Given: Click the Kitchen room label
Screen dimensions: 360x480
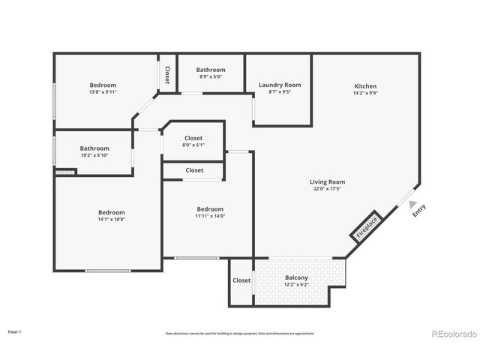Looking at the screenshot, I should (365, 86).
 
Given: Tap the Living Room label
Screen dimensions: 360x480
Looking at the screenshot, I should (328, 181).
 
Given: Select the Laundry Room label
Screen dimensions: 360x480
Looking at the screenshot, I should (280, 85).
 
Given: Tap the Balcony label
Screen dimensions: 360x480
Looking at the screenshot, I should (296, 278).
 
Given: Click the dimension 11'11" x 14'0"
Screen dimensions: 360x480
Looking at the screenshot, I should (210, 216).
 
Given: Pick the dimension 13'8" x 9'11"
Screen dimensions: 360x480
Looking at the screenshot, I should (103, 92).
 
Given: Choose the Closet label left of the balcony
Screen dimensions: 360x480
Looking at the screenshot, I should (241, 280).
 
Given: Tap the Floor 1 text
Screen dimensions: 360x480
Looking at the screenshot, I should (15, 331).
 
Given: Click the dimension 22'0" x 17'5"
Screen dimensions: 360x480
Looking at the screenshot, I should (328, 189).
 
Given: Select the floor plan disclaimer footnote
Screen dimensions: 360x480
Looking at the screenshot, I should (240, 333).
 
